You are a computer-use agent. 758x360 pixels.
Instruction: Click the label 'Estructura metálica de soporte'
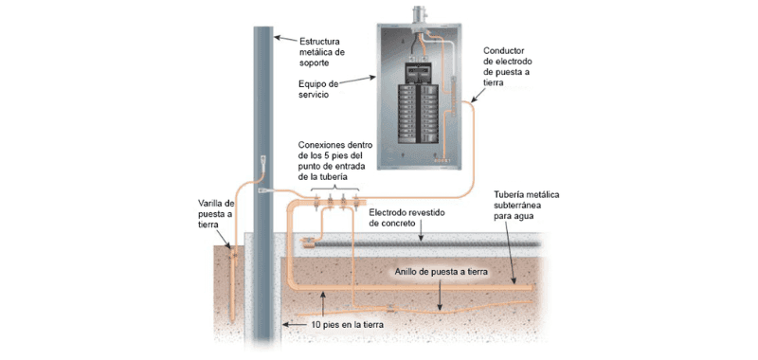tap(322, 51)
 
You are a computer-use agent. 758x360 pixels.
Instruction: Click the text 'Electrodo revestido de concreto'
tap(407, 218)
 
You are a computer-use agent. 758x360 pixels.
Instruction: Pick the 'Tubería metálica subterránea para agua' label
tap(526, 206)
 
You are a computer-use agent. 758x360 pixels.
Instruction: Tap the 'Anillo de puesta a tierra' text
tap(442, 272)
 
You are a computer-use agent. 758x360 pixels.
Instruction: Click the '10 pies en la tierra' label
tap(347, 325)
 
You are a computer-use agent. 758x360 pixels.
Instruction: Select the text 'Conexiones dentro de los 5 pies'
tap(335, 150)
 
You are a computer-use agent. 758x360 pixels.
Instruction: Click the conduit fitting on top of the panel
tap(417, 18)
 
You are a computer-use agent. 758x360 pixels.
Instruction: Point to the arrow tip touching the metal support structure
tap(275, 37)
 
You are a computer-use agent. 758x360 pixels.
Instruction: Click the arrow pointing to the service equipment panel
tap(357, 81)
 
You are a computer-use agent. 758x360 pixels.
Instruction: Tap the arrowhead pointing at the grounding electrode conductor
tap(472, 101)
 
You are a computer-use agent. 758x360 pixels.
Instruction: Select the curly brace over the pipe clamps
tap(334, 188)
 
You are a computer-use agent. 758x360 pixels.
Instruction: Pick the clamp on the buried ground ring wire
tap(390, 308)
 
